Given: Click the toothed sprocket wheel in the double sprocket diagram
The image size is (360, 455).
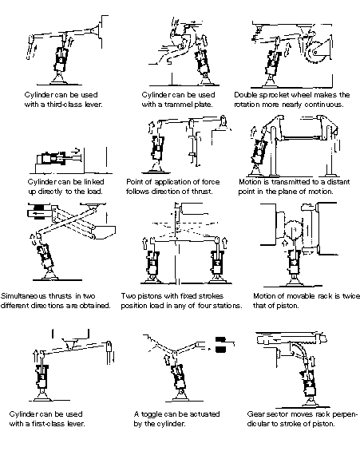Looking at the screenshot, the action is pyautogui.click(x=315, y=53).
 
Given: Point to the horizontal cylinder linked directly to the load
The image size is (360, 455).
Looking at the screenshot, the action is pyautogui.click(x=51, y=158).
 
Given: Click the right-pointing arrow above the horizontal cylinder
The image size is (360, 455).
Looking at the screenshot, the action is pyautogui.click(x=76, y=151).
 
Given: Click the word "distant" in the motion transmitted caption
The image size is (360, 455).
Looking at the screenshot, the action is pyautogui.click(x=338, y=182).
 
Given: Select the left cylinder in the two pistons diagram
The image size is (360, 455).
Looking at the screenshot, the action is pyautogui.click(x=152, y=263).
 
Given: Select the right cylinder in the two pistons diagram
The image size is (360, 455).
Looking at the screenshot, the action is pyautogui.click(x=218, y=263).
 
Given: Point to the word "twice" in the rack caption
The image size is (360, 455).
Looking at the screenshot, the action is pyautogui.click(x=351, y=296).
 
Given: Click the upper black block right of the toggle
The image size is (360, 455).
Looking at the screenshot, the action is pyautogui.click(x=220, y=339).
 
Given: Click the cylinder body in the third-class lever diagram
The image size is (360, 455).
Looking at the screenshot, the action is pyautogui.click(x=61, y=60).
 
